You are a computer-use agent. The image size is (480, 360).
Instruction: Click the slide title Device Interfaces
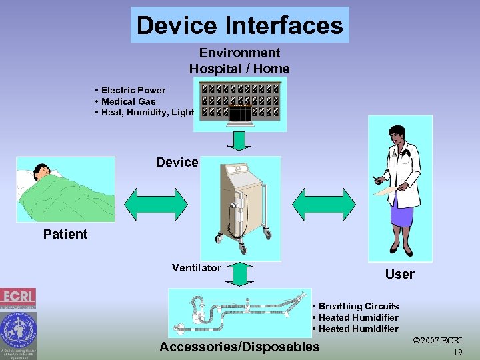point(239,25)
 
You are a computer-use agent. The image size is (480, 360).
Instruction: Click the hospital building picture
point(240,104)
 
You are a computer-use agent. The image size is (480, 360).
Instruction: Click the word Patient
point(65,234)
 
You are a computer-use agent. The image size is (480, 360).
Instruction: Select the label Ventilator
point(196,268)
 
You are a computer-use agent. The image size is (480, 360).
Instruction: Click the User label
point(399,274)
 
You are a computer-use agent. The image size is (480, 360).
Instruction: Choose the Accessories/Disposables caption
point(239,347)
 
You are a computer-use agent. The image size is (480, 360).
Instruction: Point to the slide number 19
point(457,352)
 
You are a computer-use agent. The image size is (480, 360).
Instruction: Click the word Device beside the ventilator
point(177,162)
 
